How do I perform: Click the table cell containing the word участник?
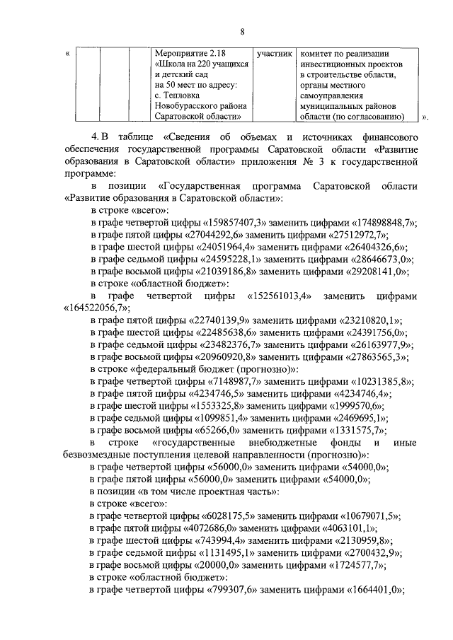(x=273, y=54)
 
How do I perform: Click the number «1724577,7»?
(x=351, y=565)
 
